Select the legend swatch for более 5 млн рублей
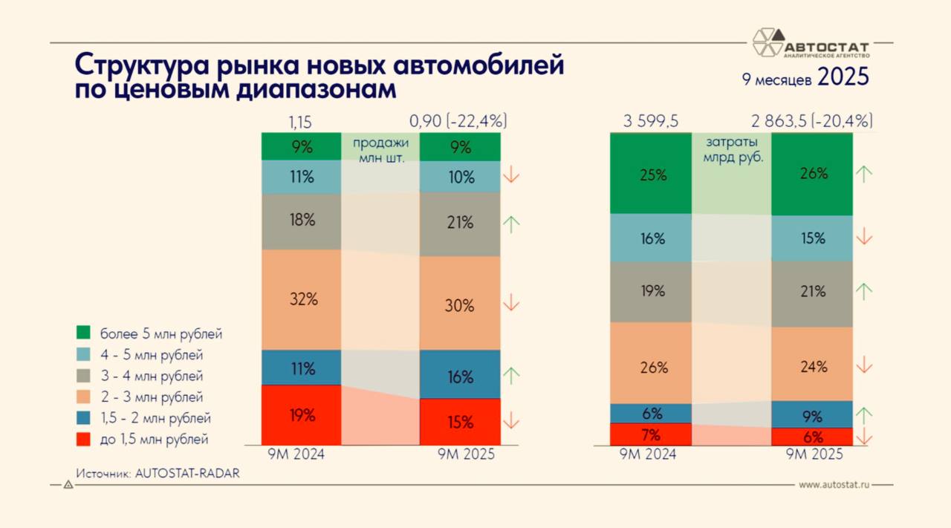[x=84, y=333]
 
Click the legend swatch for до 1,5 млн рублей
[x=84, y=439]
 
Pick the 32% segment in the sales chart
[x=301, y=299]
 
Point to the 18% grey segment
[x=301, y=221]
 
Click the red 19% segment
[x=301, y=415]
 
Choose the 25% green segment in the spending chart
[x=651, y=175]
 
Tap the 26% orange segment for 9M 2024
[x=651, y=367]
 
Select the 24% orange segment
[x=811, y=366]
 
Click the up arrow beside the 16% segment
[x=511, y=375]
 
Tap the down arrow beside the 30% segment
[x=511, y=302]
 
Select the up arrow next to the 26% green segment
[x=864, y=174]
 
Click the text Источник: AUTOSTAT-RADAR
[x=158, y=472]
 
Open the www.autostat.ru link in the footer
[x=834, y=484]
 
